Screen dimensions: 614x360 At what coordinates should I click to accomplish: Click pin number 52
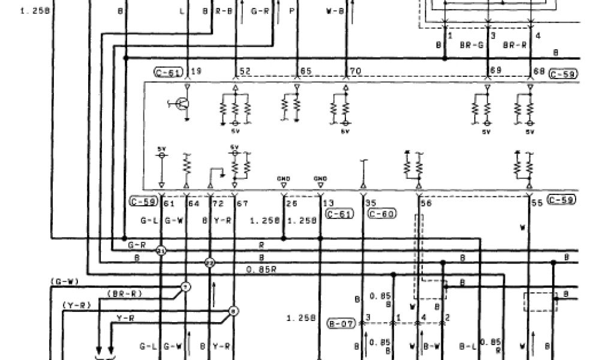click(245, 71)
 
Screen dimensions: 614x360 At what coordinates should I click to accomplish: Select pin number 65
click(306, 71)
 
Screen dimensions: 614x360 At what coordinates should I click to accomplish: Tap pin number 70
click(355, 71)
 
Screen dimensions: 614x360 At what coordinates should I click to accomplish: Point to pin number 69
click(495, 71)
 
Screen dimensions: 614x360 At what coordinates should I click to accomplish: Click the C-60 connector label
click(381, 214)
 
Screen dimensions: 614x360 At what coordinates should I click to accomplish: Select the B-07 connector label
click(342, 325)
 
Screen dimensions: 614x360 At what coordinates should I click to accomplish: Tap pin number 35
click(371, 203)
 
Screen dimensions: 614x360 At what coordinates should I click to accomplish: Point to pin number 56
click(426, 203)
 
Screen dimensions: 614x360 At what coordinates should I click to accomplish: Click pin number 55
click(537, 203)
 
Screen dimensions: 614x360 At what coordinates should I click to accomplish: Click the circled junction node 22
click(210, 263)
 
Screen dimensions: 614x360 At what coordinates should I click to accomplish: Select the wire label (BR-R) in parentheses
click(124, 293)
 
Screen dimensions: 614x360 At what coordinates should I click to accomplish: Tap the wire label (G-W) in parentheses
click(65, 281)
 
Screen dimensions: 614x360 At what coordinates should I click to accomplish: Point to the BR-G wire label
click(471, 44)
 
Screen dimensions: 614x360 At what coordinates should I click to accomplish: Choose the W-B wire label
click(335, 11)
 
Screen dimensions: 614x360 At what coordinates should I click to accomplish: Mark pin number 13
click(329, 203)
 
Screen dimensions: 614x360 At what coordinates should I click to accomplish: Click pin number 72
click(218, 204)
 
